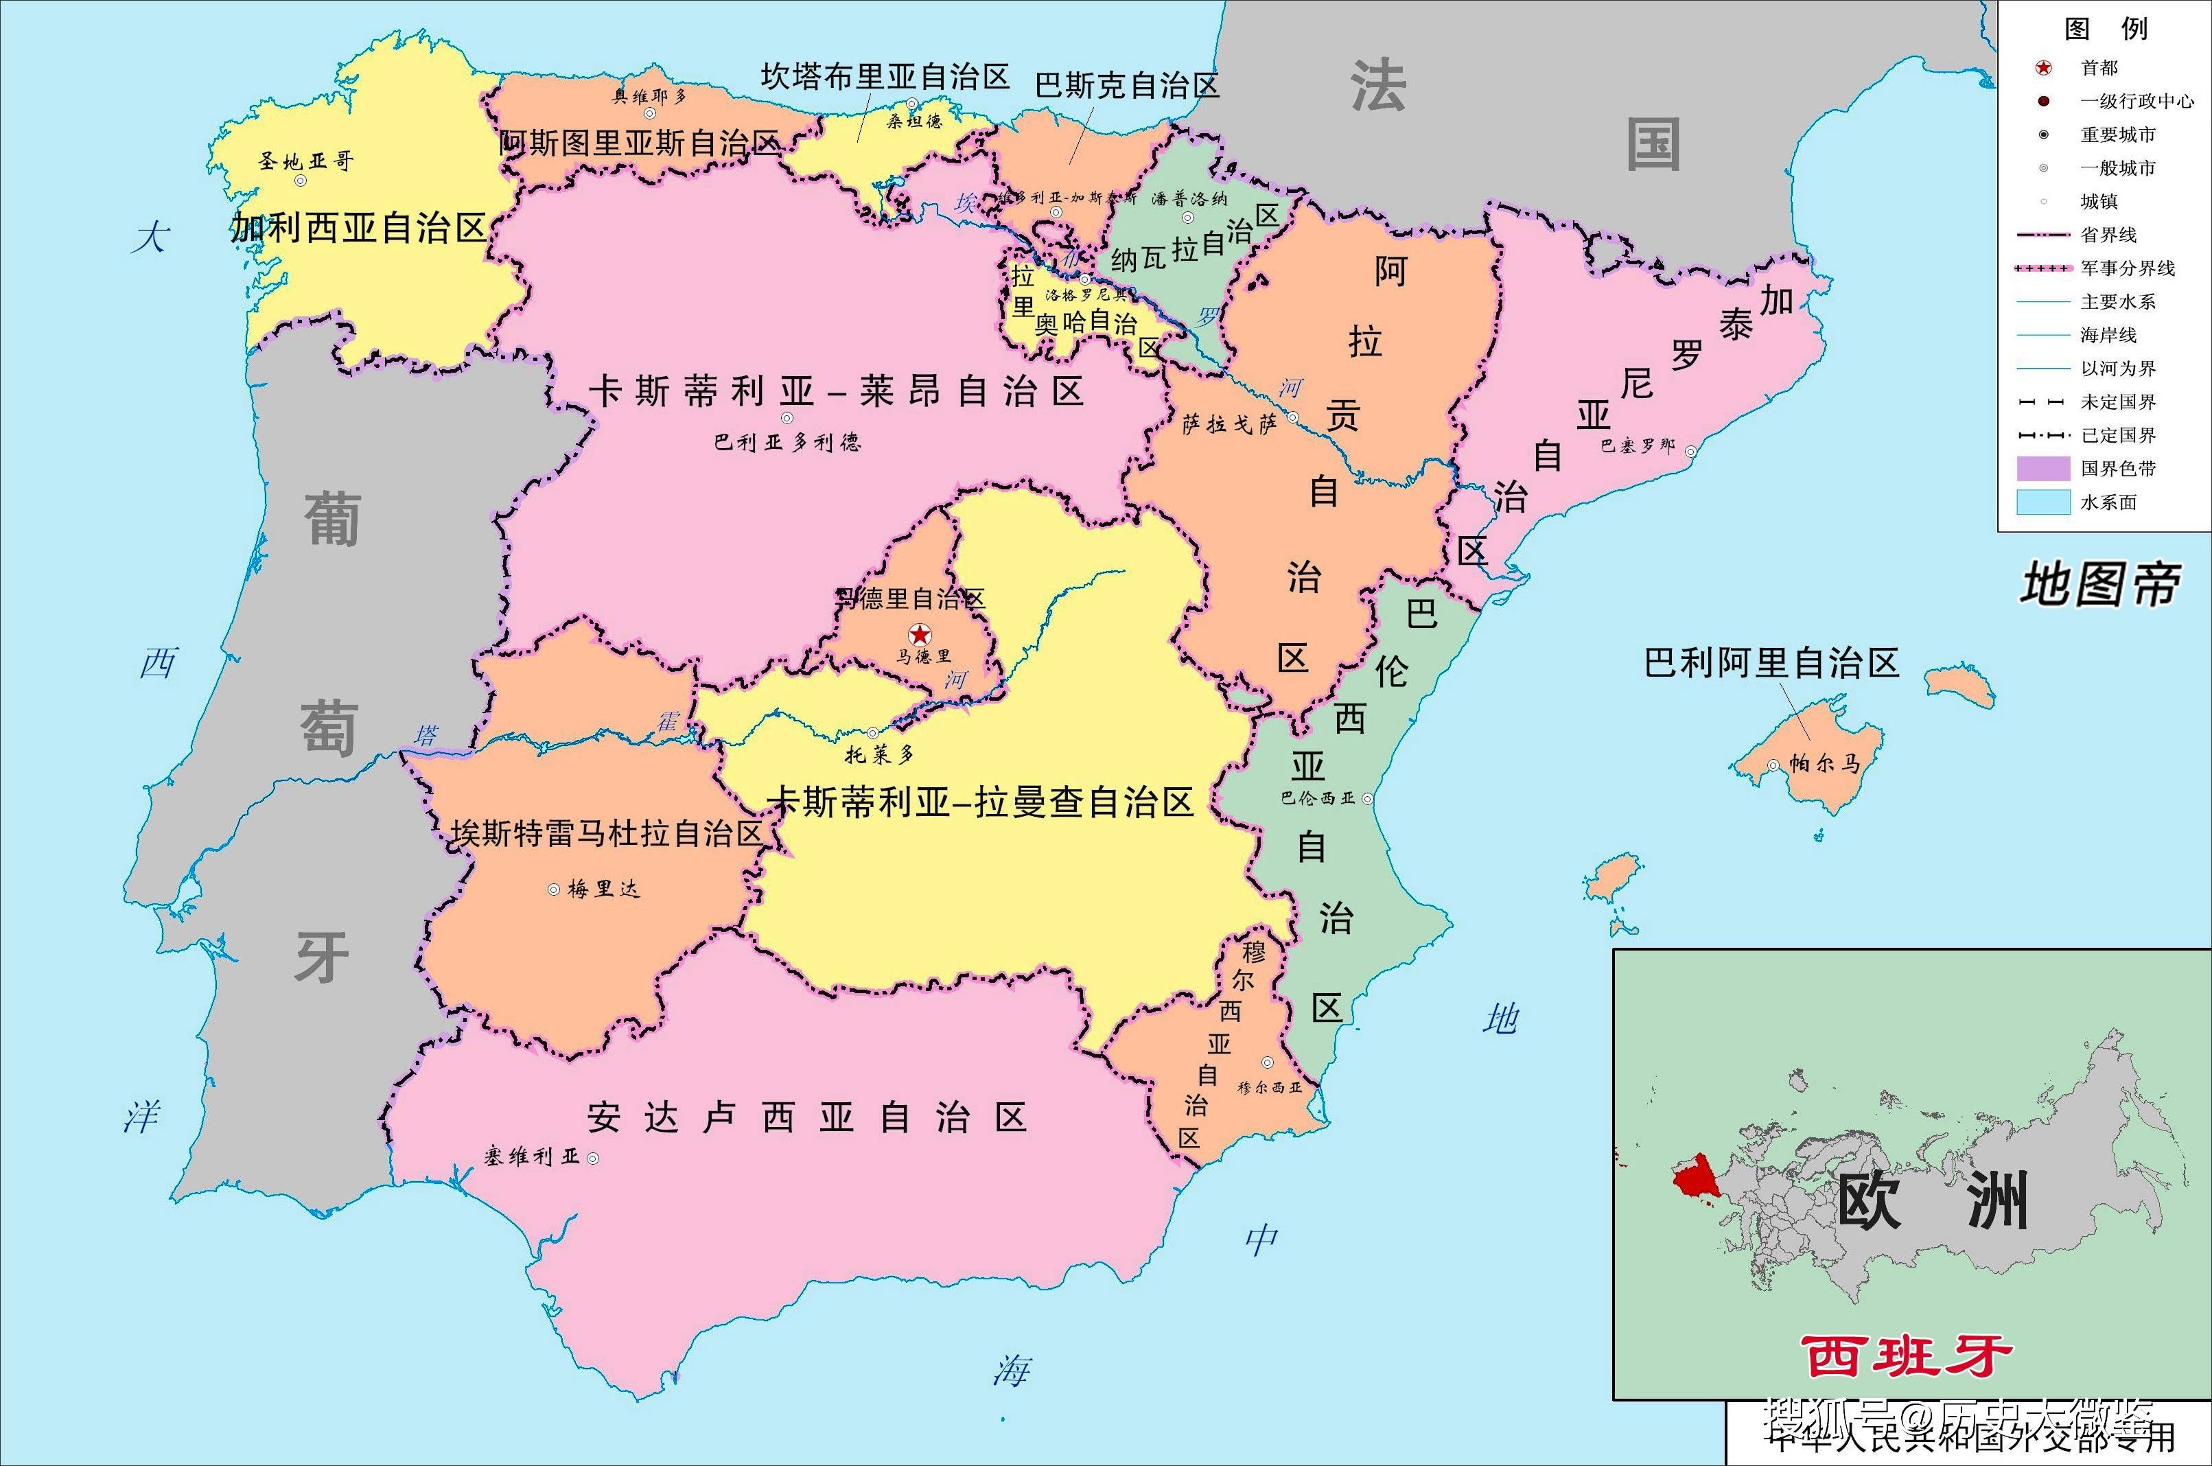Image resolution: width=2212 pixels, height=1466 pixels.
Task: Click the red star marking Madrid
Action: coord(921,635)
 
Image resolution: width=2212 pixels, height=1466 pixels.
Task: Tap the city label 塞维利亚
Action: coord(532,1156)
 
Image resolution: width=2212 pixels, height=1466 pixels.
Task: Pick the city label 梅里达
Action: coord(603,888)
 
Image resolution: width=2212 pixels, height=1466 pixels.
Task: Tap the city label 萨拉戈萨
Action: coord(1229,424)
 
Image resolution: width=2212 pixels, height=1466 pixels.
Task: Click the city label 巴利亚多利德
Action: coord(787,441)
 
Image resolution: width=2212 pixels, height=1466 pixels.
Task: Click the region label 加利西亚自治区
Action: coord(359,227)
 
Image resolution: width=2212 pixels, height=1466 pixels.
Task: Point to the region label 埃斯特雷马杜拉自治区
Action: coord(607,833)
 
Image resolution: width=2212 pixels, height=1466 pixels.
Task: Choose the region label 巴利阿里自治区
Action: coord(1771,663)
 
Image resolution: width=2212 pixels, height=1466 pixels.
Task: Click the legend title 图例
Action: coord(2106,29)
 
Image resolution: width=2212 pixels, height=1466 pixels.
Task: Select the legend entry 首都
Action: coord(2099,67)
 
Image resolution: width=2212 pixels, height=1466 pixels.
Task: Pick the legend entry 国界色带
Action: coord(2117,468)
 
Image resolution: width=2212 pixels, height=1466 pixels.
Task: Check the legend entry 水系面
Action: coord(2108,502)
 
